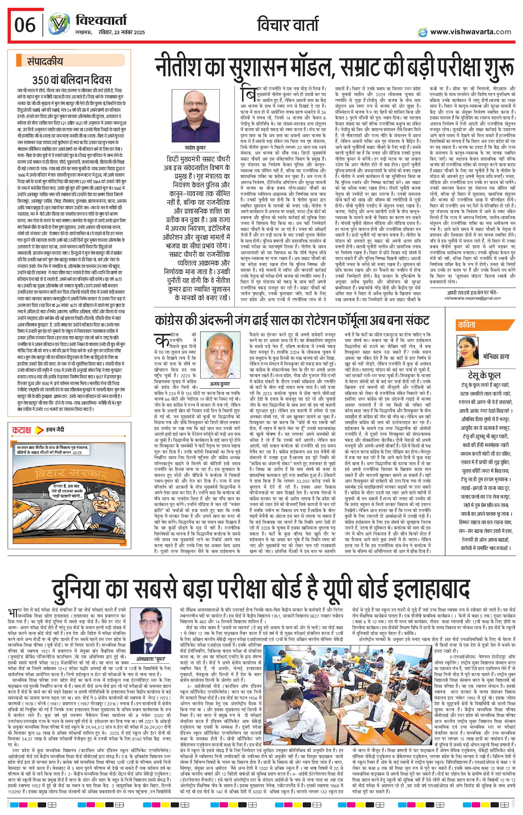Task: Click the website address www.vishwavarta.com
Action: pos(470,32)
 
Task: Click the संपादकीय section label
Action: pos(45,62)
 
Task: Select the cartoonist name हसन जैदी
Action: pos(55,430)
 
